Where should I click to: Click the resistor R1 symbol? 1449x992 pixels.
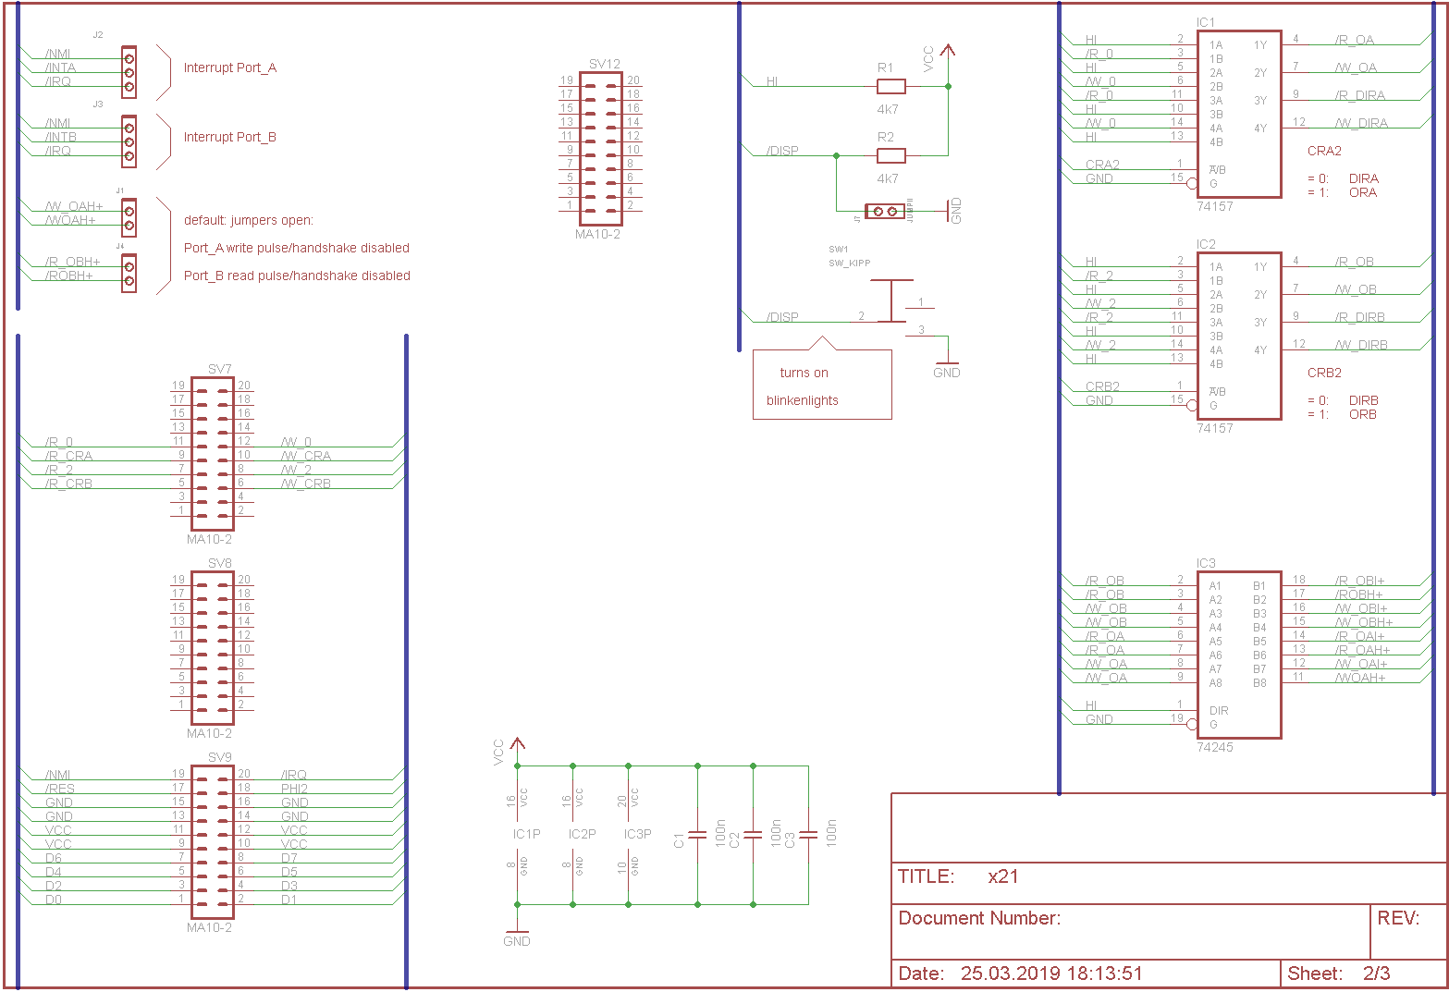[x=890, y=86]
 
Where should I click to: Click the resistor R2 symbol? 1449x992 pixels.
[x=890, y=155]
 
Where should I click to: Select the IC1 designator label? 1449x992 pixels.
[x=1206, y=22]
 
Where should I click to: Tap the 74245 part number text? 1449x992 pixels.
[x=1214, y=747]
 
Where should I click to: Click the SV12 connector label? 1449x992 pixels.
[x=604, y=64]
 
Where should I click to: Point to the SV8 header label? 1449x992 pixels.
[x=219, y=563]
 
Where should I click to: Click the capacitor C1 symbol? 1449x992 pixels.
[x=697, y=835]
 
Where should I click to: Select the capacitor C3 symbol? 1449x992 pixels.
[x=808, y=835]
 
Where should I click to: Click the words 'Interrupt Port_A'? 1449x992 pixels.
[x=229, y=67]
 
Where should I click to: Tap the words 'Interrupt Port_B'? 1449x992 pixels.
[x=229, y=137]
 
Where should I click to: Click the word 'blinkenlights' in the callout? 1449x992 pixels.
[x=802, y=400]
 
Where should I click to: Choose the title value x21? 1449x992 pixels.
[x=1002, y=876]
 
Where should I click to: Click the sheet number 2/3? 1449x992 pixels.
[x=1376, y=974]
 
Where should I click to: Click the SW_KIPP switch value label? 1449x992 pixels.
[x=849, y=263]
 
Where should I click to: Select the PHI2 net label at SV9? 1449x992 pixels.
[x=294, y=789]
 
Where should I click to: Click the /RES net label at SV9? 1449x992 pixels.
[x=60, y=789]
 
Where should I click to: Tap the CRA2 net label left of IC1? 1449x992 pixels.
[x=1102, y=165]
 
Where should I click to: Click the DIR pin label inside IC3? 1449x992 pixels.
[x=1219, y=711]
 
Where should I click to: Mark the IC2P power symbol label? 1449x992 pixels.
[x=582, y=834]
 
